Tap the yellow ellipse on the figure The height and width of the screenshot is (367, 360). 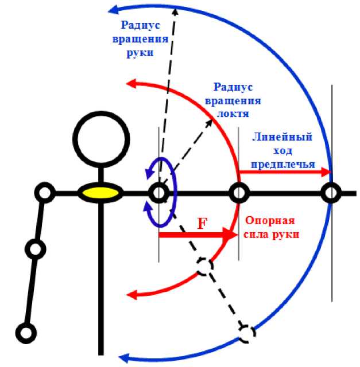[x=101, y=193]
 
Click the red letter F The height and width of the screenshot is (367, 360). [x=202, y=223]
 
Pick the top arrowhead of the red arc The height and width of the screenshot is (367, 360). [x=131, y=84]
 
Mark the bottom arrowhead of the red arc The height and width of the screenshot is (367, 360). [x=132, y=295]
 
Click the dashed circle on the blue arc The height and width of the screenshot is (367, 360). [x=247, y=333]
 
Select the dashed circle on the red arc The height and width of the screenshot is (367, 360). [x=204, y=266]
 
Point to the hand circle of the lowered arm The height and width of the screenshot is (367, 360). [x=26, y=333]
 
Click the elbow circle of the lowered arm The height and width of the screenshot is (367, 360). [x=36, y=249]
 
